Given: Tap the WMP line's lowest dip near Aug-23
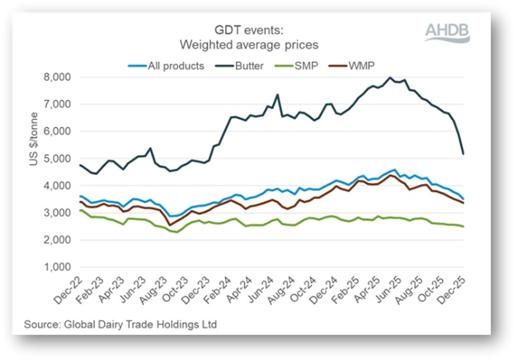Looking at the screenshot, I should tap(168, 225).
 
